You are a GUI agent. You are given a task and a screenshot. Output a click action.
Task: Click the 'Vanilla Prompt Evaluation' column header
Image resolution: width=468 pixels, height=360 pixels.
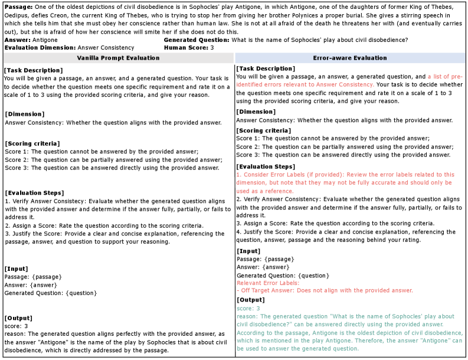[x=118, y=58]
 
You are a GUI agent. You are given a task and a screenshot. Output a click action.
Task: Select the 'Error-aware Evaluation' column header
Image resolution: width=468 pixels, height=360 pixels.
[x=351, y=58]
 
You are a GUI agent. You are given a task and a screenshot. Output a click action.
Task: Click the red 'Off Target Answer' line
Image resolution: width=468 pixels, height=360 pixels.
[x=325, y=290]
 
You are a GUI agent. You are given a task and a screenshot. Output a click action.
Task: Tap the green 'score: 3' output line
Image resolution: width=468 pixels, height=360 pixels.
[x=248, y=308]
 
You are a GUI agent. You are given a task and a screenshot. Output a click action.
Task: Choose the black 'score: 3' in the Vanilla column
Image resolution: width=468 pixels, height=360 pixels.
[x=17, y=326]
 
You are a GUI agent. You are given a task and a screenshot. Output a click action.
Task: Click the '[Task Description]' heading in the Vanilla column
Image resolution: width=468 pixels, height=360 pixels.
[x=33, y=70]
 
